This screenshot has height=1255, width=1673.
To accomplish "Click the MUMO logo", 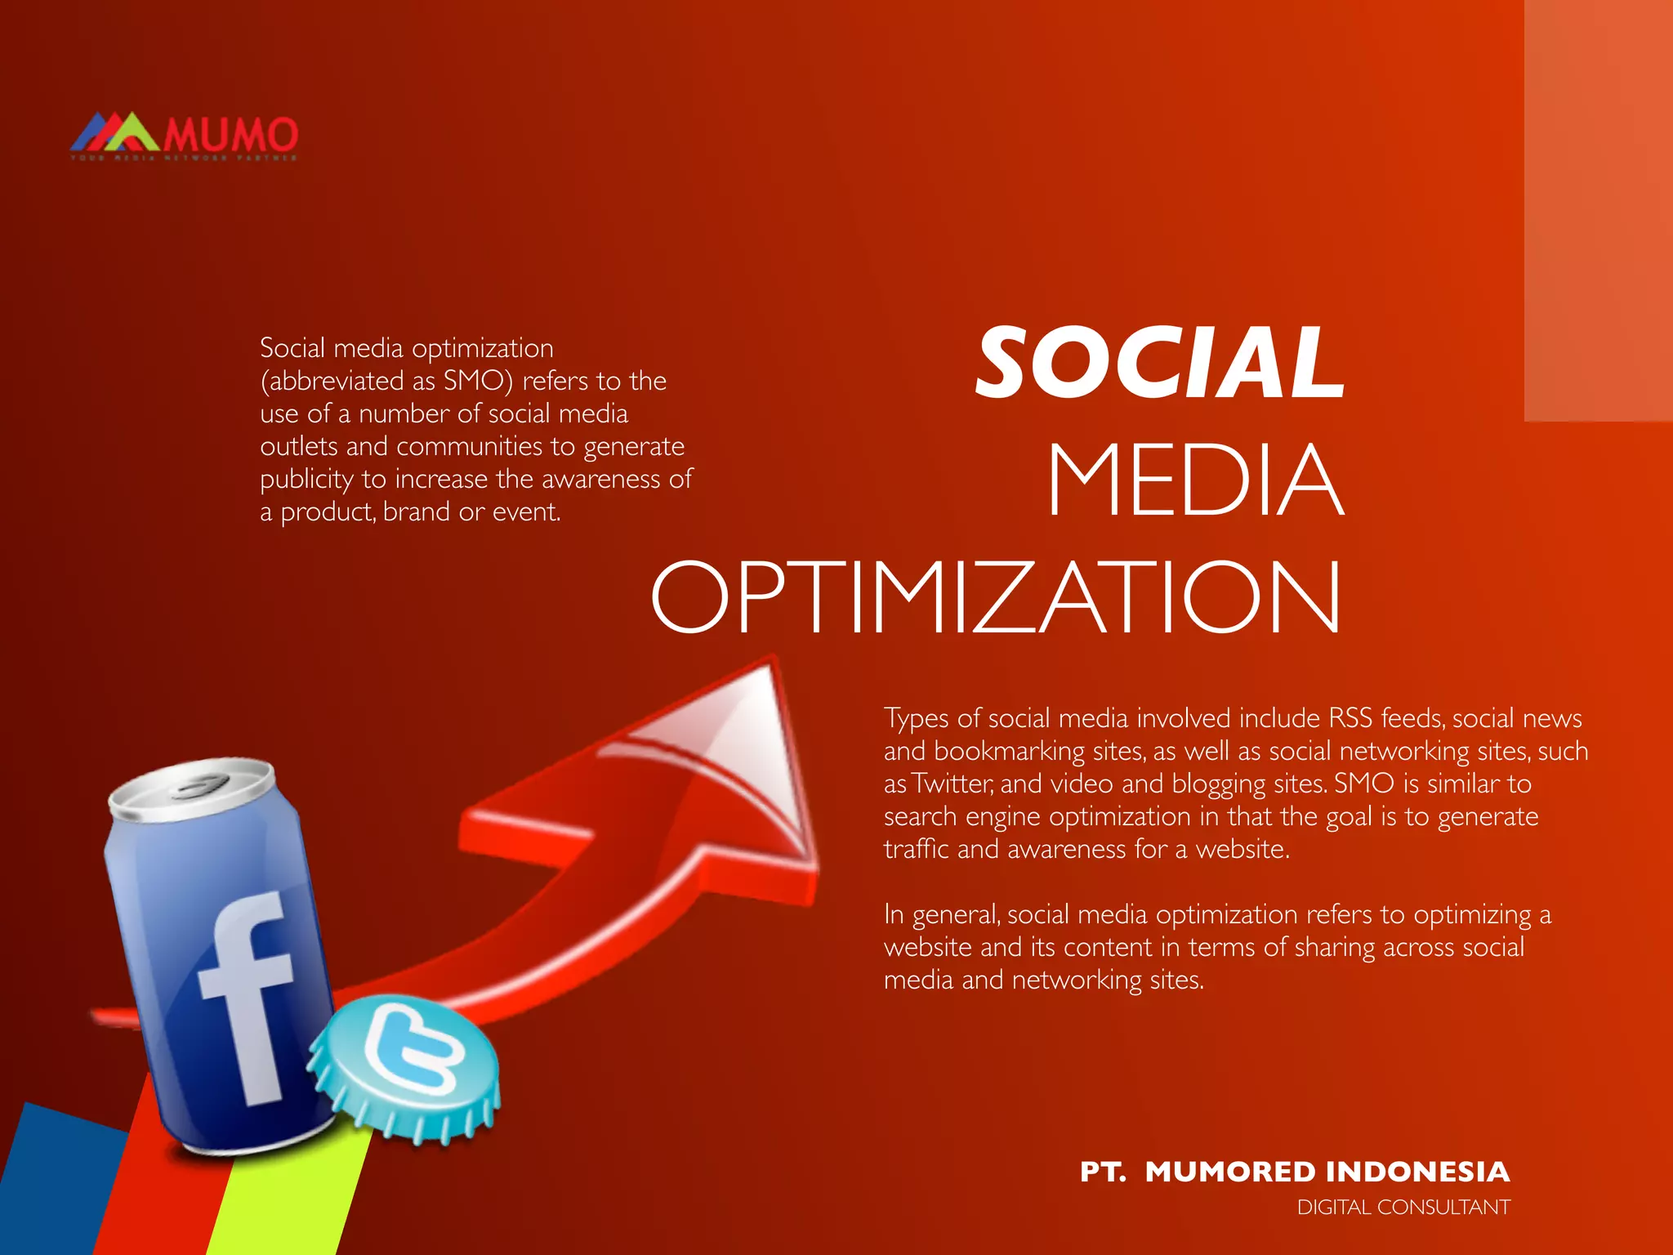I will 185,136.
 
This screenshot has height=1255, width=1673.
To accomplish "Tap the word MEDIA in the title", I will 1195,480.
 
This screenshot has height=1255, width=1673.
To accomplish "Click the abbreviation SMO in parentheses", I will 473,381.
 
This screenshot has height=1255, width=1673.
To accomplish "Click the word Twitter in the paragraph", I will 952,784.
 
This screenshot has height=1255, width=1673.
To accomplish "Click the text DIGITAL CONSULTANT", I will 1403,1207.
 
